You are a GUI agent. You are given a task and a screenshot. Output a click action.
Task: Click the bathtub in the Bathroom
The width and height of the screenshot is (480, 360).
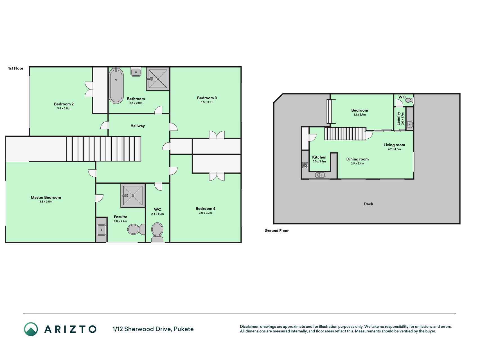[x=116, y=85]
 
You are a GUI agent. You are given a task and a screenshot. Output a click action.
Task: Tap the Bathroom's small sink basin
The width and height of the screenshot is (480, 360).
[x=136, y=72]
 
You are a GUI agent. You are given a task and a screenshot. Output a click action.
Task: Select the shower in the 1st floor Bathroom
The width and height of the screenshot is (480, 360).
[x=158, y=79]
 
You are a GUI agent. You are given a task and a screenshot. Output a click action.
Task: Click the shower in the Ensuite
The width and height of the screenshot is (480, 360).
[x=133, y=195]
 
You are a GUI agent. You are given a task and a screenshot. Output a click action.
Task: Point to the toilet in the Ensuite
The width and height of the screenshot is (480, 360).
[x=136, y=229]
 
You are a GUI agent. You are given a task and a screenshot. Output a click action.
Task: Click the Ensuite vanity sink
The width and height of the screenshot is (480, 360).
[x=101, y=230]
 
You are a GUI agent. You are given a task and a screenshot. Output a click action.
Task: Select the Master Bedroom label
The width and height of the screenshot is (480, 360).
[x=46, y=197]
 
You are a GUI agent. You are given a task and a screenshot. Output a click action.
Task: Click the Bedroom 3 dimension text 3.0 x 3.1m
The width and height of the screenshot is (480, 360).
[x=207, y=102]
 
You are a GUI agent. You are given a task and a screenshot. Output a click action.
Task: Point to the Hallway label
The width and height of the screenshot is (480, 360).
[x=138, y=126]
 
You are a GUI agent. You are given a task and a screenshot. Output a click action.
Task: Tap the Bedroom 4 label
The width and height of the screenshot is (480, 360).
[x=205, y=208]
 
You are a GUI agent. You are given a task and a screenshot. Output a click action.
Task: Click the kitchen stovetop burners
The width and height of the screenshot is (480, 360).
[x=305, y=165]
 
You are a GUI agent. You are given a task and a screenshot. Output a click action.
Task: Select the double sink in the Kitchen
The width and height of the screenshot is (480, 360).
[x=320, y=175]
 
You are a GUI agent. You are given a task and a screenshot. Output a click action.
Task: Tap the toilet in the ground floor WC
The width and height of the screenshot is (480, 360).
[x=409, y=100]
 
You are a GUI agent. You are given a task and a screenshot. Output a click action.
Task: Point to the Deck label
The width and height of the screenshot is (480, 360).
[x=368, y=204]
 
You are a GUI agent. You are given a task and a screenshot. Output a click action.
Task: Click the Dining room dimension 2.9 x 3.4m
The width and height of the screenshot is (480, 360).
[x=357, y=163]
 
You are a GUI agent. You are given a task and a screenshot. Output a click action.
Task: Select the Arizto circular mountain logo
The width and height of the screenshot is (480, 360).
[x=31, y=329]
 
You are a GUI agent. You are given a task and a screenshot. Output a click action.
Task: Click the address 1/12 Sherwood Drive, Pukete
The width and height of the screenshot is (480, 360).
[x=153, y=329]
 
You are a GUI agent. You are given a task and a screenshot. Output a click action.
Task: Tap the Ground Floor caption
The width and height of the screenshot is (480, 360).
[x=276, y=231]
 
